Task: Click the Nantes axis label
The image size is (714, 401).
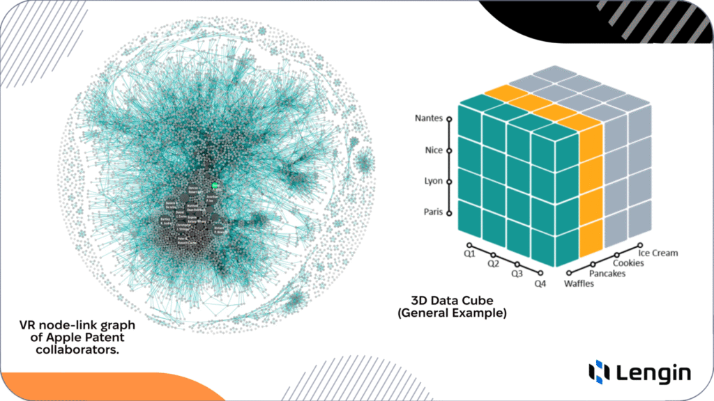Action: pyautogui.click(x=428, y=118)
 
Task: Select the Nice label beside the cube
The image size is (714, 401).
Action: pyautogui.click(x=433, y=150)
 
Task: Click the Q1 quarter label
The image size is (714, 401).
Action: pyautogui.click(x=469, y=254)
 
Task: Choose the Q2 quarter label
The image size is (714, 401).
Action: pyautogui.click(x=493, y=264)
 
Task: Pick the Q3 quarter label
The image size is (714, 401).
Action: pyautogui.click(x=516, y=274)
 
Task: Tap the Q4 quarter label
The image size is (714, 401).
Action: pyautogui.click(x=540, y=284)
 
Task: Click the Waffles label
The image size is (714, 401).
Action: pyautogui.click(x=579, y=284)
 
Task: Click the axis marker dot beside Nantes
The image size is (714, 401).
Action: pyautogui.click(x=450, y=119)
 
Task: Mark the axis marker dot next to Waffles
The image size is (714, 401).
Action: pyautogui.click(x=570, y=273)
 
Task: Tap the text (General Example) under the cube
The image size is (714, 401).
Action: pyautogui.click(x=452, y=313)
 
